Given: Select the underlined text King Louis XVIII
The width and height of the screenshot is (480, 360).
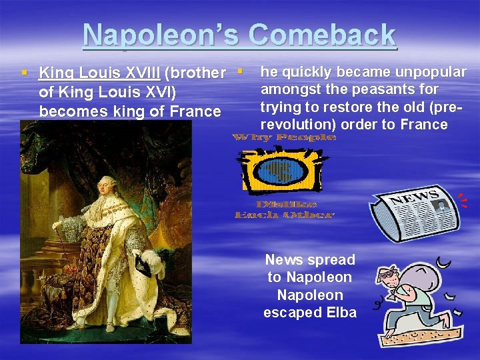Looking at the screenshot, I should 99,72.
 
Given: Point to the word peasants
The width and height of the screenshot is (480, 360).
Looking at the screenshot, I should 377,89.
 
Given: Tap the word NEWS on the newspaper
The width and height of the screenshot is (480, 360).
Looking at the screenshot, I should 414,199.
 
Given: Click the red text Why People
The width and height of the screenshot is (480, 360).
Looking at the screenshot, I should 284,137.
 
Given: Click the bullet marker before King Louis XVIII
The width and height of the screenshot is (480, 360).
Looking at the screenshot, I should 24,72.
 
